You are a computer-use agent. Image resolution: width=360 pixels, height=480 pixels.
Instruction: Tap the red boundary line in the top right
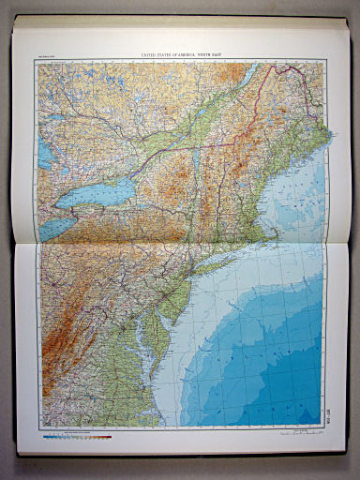[x=281, y=79]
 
